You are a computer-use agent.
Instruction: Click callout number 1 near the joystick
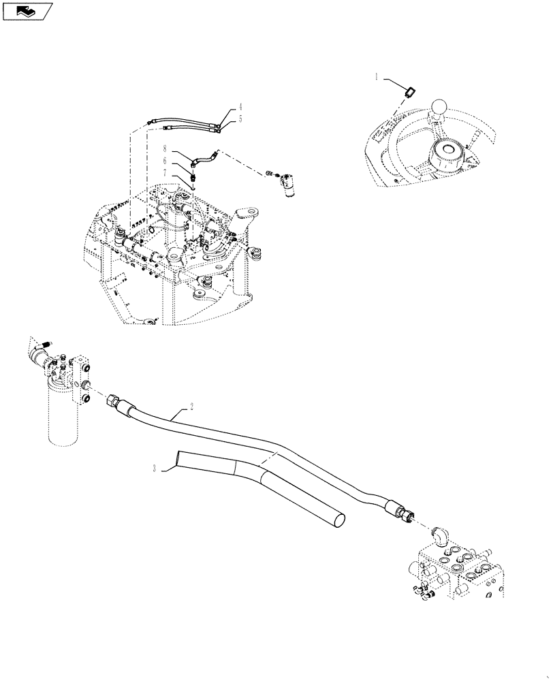[376, 78]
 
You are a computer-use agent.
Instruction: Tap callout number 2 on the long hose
[192, 407]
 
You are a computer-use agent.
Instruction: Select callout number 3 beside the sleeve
[155, 468]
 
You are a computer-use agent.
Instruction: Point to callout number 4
[240, 108]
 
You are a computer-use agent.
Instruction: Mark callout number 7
[165, 173]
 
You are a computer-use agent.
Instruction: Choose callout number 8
[165, 148]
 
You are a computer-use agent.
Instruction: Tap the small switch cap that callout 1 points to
[411, 91]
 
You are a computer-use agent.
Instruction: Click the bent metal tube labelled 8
[202, 159]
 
